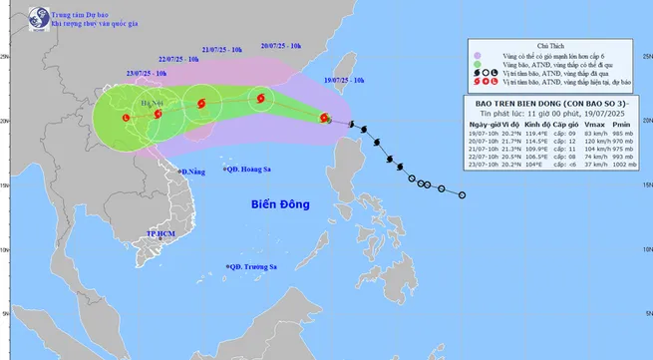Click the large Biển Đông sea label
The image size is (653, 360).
(x=276, y=205)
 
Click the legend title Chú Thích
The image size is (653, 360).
(x=550, y=46)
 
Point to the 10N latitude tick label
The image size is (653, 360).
(x=645, y=249)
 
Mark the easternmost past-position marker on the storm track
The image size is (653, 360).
(x=462, y=194)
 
